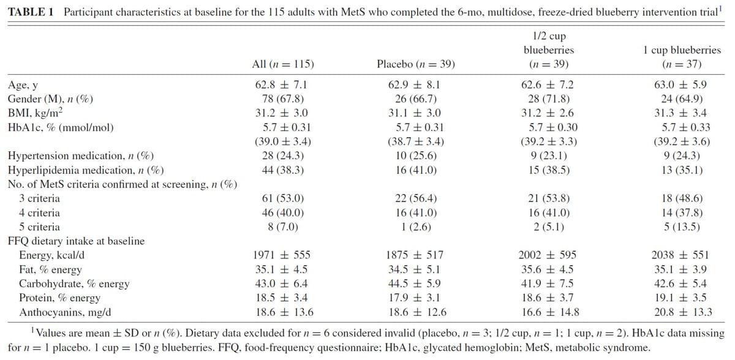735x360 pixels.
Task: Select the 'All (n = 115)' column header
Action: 283,64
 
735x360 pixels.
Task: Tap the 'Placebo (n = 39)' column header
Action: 416,64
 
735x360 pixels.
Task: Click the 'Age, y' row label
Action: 23,85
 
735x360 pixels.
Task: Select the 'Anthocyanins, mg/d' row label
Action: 65,312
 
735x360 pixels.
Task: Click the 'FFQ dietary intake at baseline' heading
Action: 76,241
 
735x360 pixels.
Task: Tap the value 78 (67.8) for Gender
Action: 283,99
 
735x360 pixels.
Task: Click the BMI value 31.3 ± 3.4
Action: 680,113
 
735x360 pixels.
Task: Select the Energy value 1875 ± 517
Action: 415,255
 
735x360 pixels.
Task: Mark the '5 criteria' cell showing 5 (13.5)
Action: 682,227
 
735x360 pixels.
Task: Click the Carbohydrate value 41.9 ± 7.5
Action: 548,283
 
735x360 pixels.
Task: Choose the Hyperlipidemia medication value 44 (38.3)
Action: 283,170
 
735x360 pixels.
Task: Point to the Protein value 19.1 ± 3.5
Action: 680,298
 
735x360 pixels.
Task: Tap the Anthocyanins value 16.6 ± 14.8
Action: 550,312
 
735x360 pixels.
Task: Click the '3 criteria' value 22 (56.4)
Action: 416,198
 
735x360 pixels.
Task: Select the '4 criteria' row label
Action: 39,213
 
